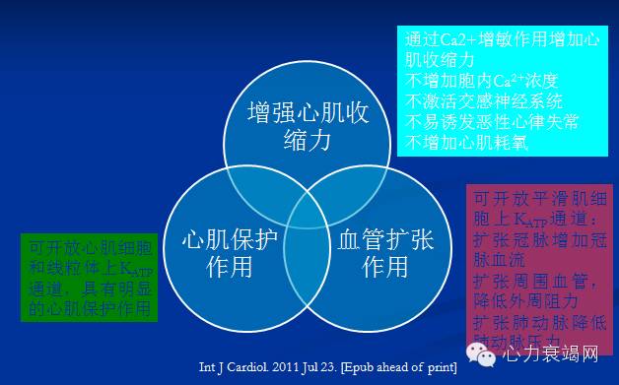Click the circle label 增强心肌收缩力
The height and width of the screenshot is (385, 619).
309,127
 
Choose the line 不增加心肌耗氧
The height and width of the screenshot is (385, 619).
466,142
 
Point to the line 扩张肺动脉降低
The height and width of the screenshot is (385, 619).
539,322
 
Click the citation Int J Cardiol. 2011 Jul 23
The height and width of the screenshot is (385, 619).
332,367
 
